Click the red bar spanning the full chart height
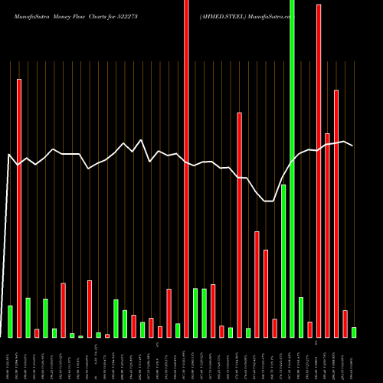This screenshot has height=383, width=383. click(186, 169)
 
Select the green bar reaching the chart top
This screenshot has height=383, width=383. click(292, 169)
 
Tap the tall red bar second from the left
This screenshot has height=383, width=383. click(19, 207)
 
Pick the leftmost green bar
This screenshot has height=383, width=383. click(10, 322)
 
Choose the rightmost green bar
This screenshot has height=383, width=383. click(354, 332)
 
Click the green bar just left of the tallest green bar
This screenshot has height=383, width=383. click(283, 260)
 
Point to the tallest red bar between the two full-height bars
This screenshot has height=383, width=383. click(239, 224)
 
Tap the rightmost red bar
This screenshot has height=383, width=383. click(345, 323)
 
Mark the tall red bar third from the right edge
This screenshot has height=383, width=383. click(336, 214)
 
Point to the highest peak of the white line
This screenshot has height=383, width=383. click(141, 140)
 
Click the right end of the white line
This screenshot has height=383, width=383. click(352, 145)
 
